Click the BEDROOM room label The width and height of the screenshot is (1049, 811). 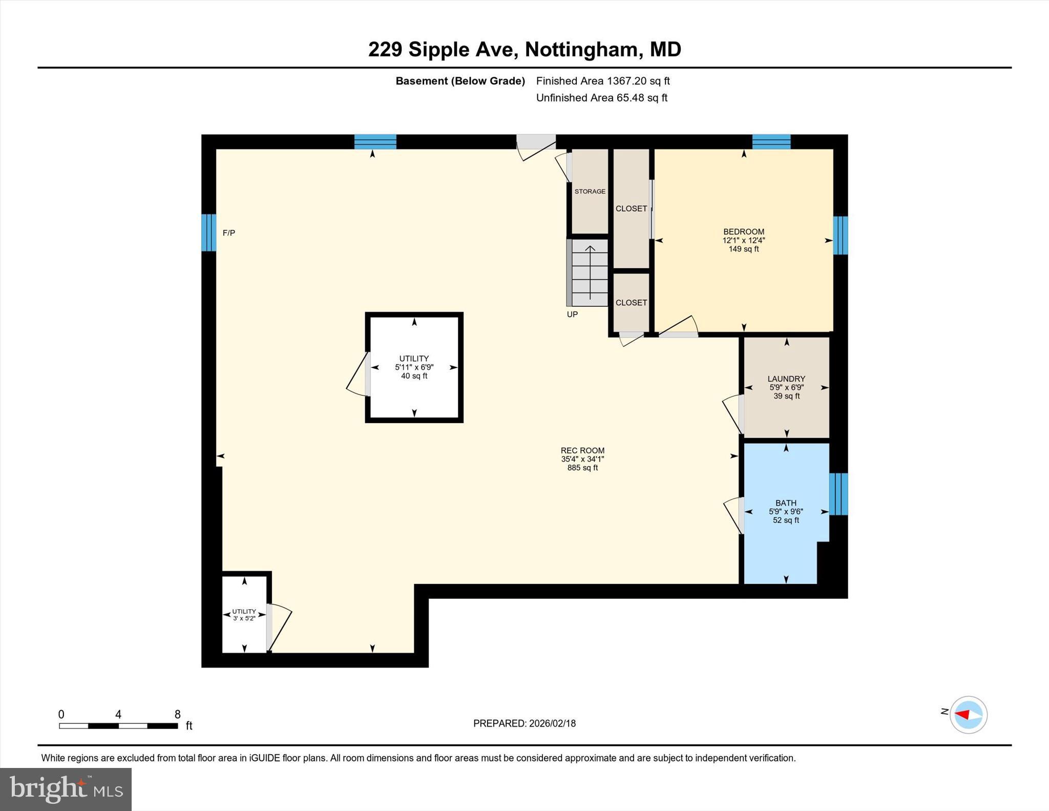tap(743, 232)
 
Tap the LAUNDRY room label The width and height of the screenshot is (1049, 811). tap(786, 379)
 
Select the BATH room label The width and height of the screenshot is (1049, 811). tap(786, 503)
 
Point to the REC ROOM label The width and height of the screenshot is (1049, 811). tap(582, 451)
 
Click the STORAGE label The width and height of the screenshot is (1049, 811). tap(590, 192)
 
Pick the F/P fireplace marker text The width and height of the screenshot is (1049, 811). tap(228, 233)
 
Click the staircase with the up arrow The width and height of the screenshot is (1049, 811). tap(590, 273)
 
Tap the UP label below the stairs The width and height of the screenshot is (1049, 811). tap(572, 315)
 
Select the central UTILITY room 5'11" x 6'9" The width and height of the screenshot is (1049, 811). tap(414, 367)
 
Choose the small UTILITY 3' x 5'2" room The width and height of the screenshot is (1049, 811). tap(244, 614)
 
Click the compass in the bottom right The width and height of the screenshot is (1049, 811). tap(968, 715)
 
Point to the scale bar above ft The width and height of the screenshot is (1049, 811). tap(118, 725)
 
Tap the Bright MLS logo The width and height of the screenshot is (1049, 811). tap(66, 789)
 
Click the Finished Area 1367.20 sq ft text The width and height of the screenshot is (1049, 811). tap(603, 81)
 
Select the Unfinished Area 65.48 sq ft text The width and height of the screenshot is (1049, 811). tap(601, 98)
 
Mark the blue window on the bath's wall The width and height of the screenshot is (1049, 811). tap(838, 494)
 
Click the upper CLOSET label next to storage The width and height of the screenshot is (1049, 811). tap(631, 209)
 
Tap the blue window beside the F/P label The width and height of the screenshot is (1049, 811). tap(208, 233)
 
